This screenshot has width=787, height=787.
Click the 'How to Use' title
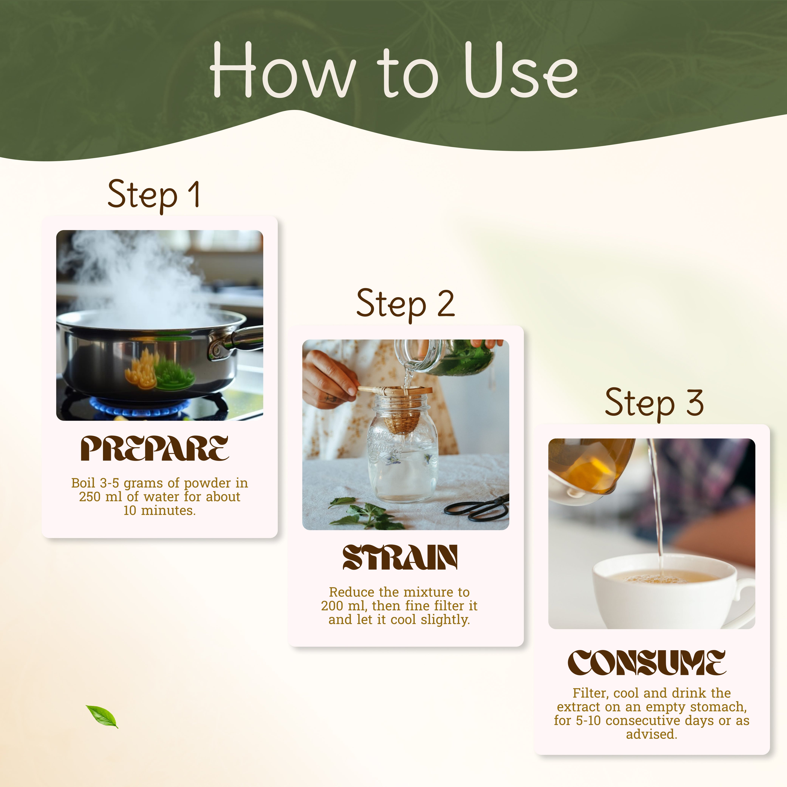pyautogui.click(x=393, y=70)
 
